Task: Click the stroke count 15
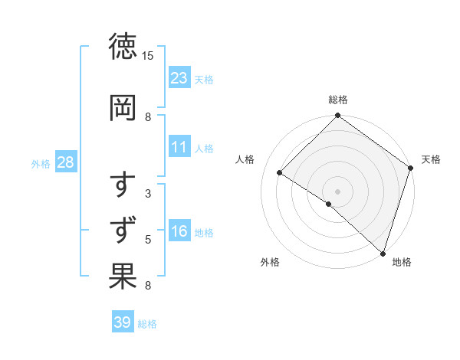pyautogui.click(x=148, y=57)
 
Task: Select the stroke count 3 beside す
pyautogui.click(x=148, y=194)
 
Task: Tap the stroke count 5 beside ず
pyautogui.click(x=148, y=240)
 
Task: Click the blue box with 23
pyautogui.click(x=179, y=77)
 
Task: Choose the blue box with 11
pyautogui.click(x=179, y=147)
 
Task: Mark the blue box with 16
pyautogui.click(x=179, y=231)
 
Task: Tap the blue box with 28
pyautogui.click(x=65, y=162)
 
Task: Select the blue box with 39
pyautogui.click(x=123, y=322)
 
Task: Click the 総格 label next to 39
pyautogui.click(x=147, y=324)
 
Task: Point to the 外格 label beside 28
pyautogui.click(x=41, y=164)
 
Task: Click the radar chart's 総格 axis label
pyautogui.click(x=338, y=100)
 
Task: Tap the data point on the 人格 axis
pyautogui.click(x=280, y=173)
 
